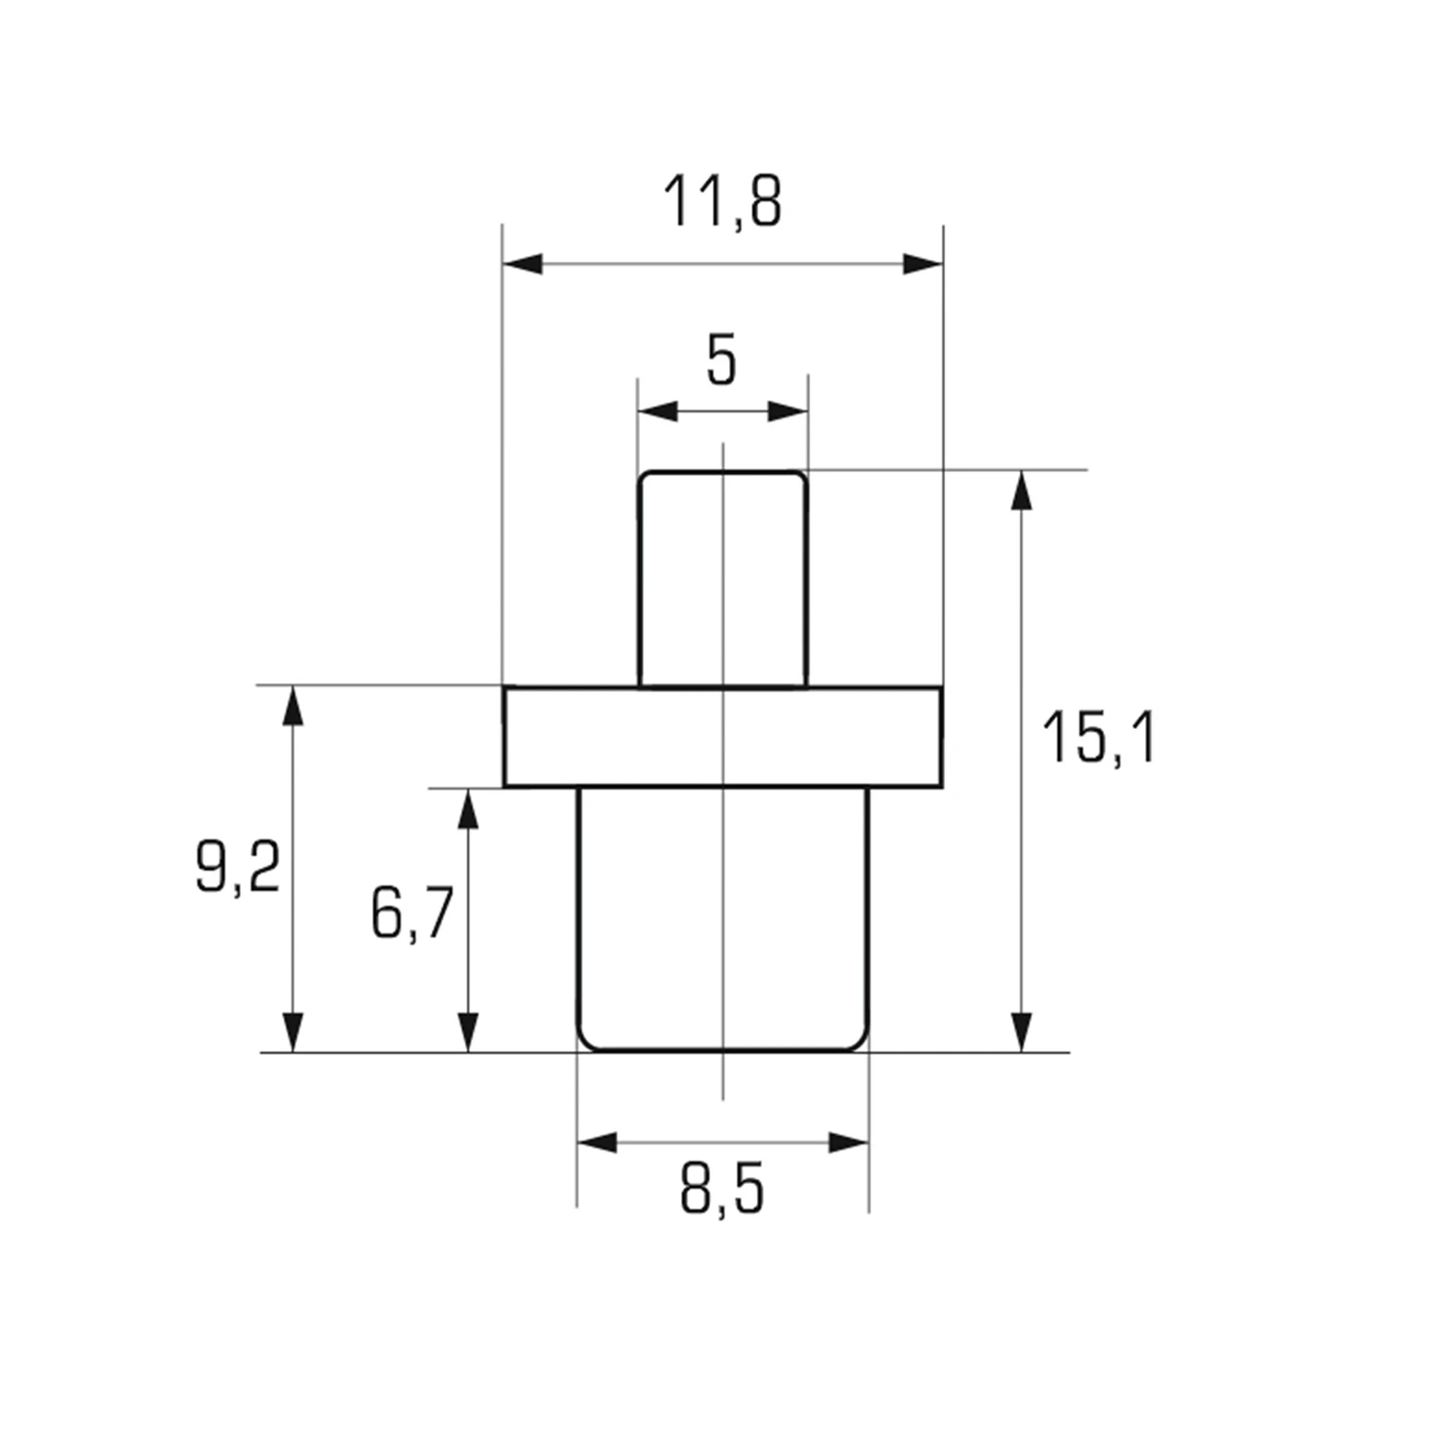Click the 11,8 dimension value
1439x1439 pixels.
722,202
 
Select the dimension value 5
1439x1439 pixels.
721,361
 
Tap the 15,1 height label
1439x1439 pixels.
1099,738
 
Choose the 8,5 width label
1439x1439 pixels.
722,1191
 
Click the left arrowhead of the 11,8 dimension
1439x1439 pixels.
523,264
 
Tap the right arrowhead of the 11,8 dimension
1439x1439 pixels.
923,264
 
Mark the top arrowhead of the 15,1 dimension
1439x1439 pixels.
1024,490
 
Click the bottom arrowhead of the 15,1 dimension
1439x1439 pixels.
1024,1032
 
